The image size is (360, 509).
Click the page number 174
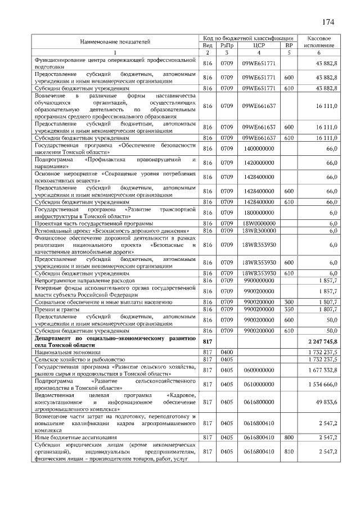pos(328,22)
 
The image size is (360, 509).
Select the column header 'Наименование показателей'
pos(115,41)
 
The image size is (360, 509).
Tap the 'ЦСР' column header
pos(259,45)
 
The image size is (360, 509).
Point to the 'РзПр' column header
pos(227,45)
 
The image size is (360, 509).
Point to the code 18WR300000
pos(259,231)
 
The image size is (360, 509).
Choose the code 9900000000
pos(259,280)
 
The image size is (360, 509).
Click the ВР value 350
pos(289,309)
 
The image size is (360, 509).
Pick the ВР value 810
pos(289,451)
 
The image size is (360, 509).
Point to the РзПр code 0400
pos(227,352)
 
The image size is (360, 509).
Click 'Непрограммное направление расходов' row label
pos(85,280)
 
